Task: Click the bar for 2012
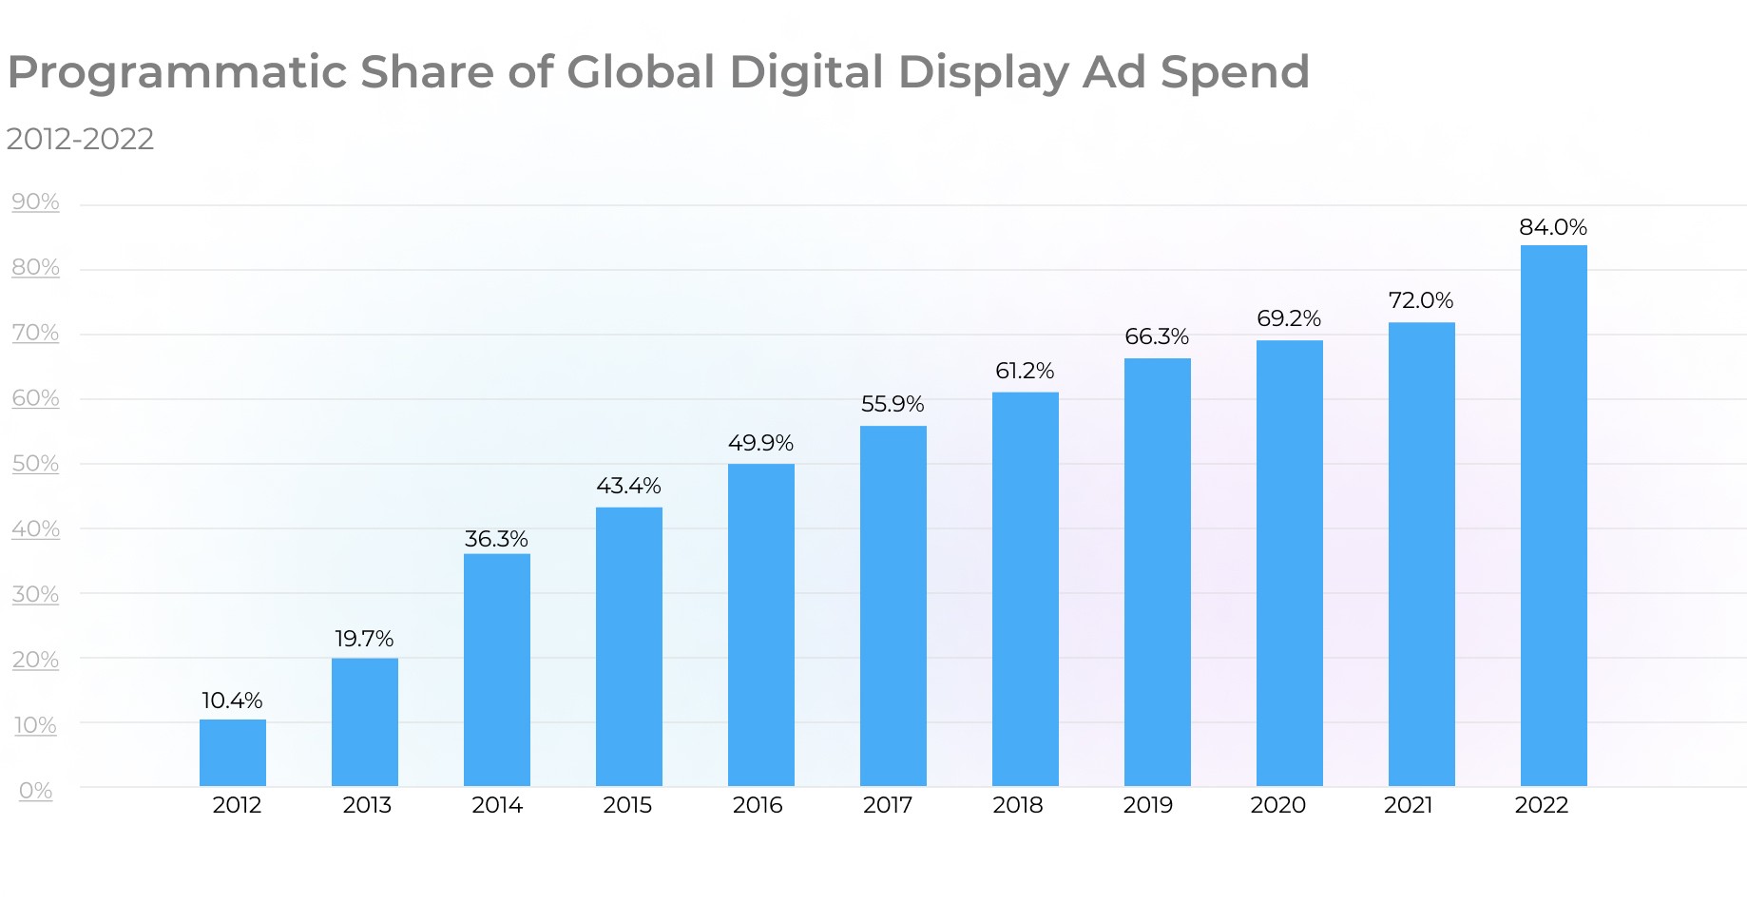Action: click(233, 753)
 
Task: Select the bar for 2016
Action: click(761, 624)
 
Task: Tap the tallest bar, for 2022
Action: click(1553, 515)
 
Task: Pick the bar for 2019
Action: click(1157, 571)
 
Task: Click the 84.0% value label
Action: click(1552, 227)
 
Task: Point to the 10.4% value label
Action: click(232, 700)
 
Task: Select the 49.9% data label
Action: click(760, 443)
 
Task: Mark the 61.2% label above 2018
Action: click(1025, 371)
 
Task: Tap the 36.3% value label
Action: click(496, 539)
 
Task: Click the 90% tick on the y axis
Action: click(35, 202)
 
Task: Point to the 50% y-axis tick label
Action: click(35, 464)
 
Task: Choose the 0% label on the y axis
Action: click(35, 791)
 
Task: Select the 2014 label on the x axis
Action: click(497, 805)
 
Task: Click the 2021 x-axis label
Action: click(1408, 805)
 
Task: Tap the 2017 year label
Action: click(887, 805)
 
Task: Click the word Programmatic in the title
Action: click(177, 73)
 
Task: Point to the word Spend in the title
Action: click(1235, 73)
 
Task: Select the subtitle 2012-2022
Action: click(80, 139)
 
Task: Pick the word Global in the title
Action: click(641, 73)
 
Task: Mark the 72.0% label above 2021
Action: click(1420, 300)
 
